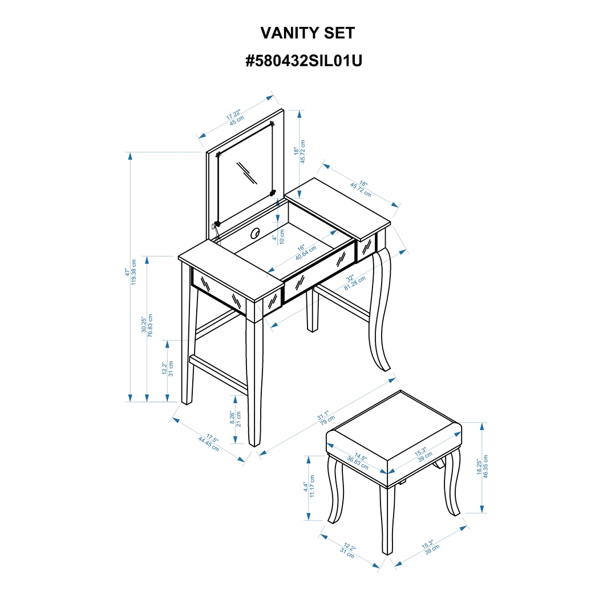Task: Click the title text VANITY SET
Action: [x=307, y=33]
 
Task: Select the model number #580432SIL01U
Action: [x=303, y=62]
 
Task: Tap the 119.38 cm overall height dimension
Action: [x=135, y=272]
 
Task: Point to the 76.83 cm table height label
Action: [x=151, y=325]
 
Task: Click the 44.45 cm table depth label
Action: [x=208, y=443]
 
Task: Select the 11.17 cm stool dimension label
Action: [x=312, y=487]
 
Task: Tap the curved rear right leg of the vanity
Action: [x=380, y=311]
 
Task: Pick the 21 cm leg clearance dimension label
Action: [x=238, y=419]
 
